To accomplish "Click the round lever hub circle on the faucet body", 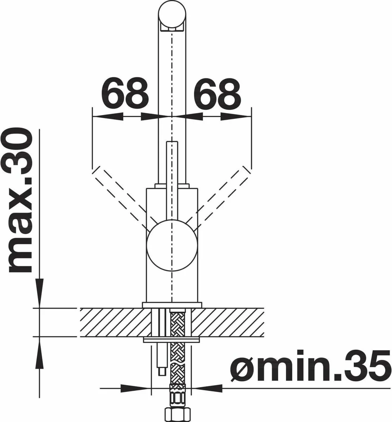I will point(171,247).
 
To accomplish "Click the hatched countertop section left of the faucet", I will point(113,322).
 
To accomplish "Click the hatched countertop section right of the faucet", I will point(229,322).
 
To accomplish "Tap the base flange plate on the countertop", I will point(171,305).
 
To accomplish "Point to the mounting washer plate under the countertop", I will point(171,340).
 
